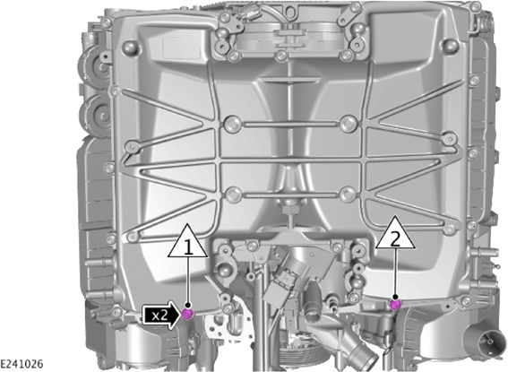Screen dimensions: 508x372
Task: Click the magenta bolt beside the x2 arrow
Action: click(x=187, y=314)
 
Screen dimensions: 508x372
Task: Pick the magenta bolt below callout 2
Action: click(x=394, y=305)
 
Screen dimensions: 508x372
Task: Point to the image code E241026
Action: click(x=22, y=364)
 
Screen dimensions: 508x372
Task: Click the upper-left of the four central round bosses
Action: click(x=233, y=124)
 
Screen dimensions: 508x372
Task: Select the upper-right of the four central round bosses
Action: click(x=349, y=124)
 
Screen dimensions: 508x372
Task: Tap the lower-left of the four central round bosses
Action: click(x=233, y=195)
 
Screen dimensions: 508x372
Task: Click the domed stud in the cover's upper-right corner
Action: click(x=450, y=46)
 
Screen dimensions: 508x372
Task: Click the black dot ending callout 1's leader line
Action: click(x=188, y=306)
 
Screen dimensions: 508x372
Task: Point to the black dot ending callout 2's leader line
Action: click(x=395, y=297)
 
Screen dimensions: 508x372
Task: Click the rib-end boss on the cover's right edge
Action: click(x=450, y=139)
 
